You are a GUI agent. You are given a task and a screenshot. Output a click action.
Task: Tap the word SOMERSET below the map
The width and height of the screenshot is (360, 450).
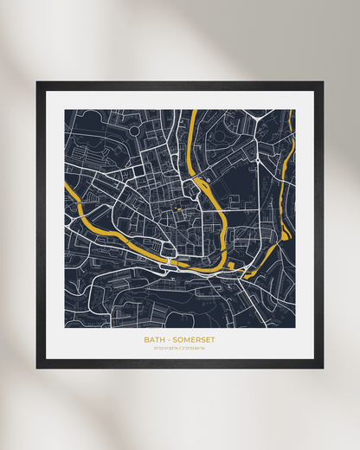tap(195, 339)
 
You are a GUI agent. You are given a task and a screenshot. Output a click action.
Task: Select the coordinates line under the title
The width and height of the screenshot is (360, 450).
tap(179, 349)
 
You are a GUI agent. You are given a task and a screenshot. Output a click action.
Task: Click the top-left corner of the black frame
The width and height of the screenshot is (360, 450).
tap(37, 82)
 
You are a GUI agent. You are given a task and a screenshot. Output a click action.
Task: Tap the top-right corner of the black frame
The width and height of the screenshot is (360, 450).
tap(322, 82)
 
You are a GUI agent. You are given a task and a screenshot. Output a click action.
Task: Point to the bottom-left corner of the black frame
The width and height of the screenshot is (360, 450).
tap(37, 367)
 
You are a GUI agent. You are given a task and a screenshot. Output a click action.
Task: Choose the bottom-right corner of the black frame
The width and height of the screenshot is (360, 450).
tap(322, 367)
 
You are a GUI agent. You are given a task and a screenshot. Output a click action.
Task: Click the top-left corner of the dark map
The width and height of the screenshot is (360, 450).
tap(65, 110)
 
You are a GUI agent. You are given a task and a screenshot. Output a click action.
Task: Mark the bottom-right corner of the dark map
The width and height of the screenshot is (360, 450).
tap(294, 327)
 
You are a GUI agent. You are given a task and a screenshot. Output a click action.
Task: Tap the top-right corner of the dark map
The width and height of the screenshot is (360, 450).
tap(294, 110)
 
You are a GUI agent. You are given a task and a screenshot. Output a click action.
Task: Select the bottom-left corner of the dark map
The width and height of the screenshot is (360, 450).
tap(65, 327)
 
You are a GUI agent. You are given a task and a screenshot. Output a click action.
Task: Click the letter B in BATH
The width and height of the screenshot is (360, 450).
tap(146, 339)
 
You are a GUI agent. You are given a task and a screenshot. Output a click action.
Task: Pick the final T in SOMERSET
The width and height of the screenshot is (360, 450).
tap(213, 339)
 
